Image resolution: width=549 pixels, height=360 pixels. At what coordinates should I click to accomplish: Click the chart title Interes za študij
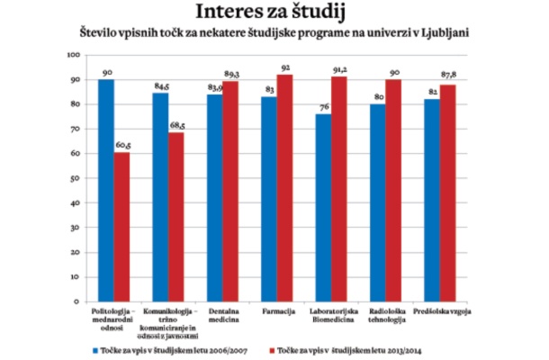pos(275,13)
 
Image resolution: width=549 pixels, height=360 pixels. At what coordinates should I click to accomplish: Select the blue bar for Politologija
pos(105,190)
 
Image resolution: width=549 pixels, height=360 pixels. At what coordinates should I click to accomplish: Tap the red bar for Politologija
pos(122,226)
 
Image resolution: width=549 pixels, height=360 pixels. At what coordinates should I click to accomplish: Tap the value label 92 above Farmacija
pos(287,68)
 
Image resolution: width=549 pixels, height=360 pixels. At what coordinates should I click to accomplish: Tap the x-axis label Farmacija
pos(278,310)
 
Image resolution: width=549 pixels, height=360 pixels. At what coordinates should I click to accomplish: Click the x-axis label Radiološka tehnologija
pos(386,315)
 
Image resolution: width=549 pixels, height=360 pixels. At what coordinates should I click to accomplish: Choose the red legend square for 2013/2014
pos(272,346)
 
